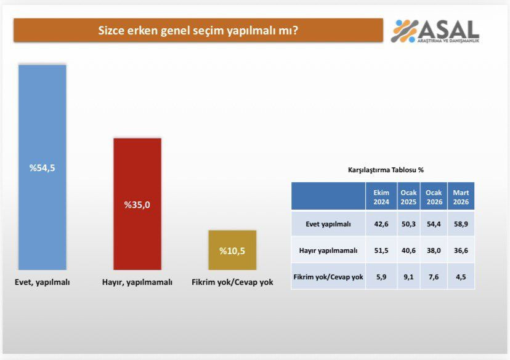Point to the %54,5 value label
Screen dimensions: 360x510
(42, 167)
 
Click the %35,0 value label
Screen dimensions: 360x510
(137, 205)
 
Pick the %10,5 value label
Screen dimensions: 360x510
(232, 250)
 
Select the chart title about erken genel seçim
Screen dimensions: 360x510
(198, 30)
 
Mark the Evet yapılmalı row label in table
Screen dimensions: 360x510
(328, 224)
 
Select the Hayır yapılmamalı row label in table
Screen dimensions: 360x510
(328, 250)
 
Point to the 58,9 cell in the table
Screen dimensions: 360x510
(461, 224)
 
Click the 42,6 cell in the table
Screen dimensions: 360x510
(381, 224)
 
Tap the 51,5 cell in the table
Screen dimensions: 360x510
(381, 250)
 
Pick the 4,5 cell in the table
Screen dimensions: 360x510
(461, 277)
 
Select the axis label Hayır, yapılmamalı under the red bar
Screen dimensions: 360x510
(137, 282)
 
